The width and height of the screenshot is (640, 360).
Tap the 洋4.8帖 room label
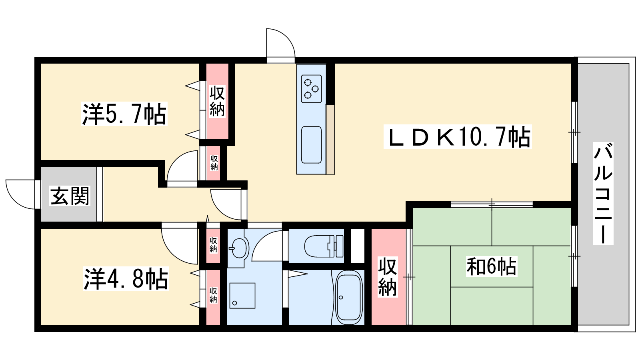click(126, 279)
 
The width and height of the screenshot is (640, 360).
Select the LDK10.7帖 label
click(458, 137)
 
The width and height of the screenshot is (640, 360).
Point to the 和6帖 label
click(492, 266)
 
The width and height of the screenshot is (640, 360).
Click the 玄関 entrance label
click(70, 196)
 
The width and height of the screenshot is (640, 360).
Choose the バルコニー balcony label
click(603, 194)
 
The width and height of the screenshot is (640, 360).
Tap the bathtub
click(349, 298)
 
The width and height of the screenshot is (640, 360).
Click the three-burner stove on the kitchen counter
click(311, 89)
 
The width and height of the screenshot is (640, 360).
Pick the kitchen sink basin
click(311, 145)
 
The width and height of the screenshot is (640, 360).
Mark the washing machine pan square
click(242, 296)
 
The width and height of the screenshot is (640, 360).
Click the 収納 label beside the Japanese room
click(388, 277)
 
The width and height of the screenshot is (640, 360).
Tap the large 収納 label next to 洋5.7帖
click(217, 101)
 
